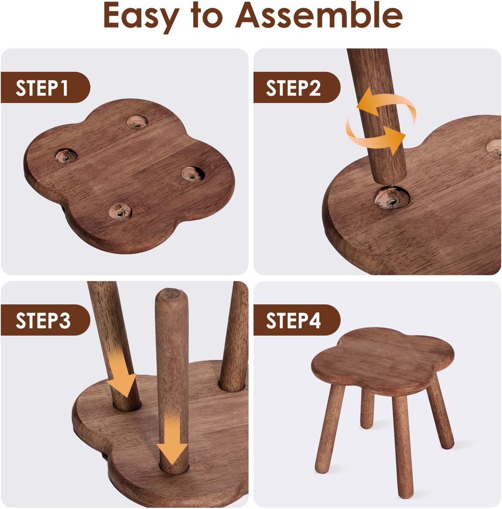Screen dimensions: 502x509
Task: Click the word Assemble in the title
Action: coord(319,15)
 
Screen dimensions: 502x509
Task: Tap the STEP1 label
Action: coord(42,88)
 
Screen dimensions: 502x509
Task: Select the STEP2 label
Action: coord(293,88)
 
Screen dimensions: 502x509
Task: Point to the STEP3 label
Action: coord(43,321)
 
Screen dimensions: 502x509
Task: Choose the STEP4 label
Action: coord(293,321)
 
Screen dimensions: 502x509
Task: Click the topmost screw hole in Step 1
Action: coord(137,122)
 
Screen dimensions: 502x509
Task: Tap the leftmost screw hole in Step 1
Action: coord(66,156)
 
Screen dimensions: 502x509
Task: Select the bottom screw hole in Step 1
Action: coord(120,211)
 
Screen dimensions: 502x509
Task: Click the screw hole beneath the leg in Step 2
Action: coord(392,198)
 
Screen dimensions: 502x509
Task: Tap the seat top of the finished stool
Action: coord(383,355)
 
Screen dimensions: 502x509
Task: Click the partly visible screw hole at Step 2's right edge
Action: coord(494,149)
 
